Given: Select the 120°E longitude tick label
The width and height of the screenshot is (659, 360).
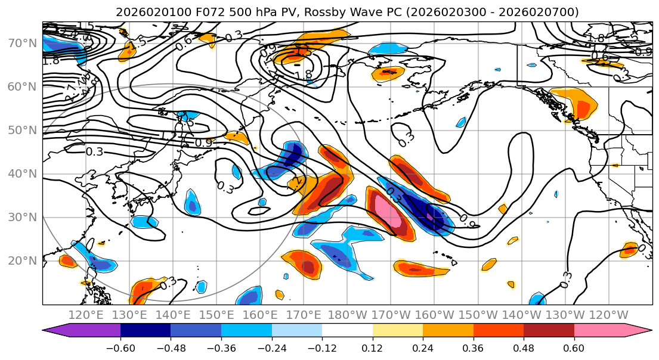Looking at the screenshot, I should pyautogui.click(x=86, y=315).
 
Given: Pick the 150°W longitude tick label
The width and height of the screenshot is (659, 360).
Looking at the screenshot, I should pyautogui.click(x=478, y=315).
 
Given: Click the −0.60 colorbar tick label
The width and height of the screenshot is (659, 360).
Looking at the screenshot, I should pyautogui.click(x=120, y=347).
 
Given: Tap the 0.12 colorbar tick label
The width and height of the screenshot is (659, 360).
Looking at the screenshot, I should pyautogui.click(x=372, y=347).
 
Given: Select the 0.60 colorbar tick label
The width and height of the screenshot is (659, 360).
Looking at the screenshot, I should pyautogui.click(x=574, y=347).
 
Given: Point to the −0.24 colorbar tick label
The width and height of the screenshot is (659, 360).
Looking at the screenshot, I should pyautogui.click(x=271, y=347).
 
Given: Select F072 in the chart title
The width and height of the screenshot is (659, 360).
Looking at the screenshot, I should pyautogui.click(x=199, y=12).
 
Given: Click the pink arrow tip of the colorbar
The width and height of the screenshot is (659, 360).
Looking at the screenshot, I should pyautogui.click(x=643, y=332).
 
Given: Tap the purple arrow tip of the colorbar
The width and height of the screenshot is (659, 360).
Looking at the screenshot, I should pyautogui.click(x=51, y=332).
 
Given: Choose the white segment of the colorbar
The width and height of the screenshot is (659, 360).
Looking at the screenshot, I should pyautogui.click(x=347, y=332).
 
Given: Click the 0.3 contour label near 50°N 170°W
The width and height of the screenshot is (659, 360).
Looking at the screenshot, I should pyautogui.click(x=407, y=139).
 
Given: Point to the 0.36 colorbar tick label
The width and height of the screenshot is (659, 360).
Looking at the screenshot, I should pyautogui.click(x=473, y=347).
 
